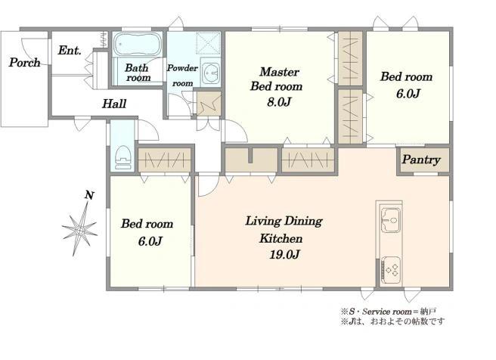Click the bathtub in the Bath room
tap(138, 45)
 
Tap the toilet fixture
tap(123, 157)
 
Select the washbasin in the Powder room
tap(210, 73)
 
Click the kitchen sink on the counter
tap(391, 219)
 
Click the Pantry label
tap(421, 160)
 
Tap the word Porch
tap(25, 62)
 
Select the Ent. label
tap(70, 51)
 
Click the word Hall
tap(114, 104)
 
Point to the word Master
tap(279, 72)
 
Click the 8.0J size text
tap(279, 102)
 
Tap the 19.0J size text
tap(284, 254)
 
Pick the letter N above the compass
tap(89, 195)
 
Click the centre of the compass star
tap(80, 231)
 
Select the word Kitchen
tap(281, 238)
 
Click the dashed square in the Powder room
tap(208, 42)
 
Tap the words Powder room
tap(182, 76)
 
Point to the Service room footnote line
tap(389, 312)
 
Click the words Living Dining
tap(284, 221)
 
